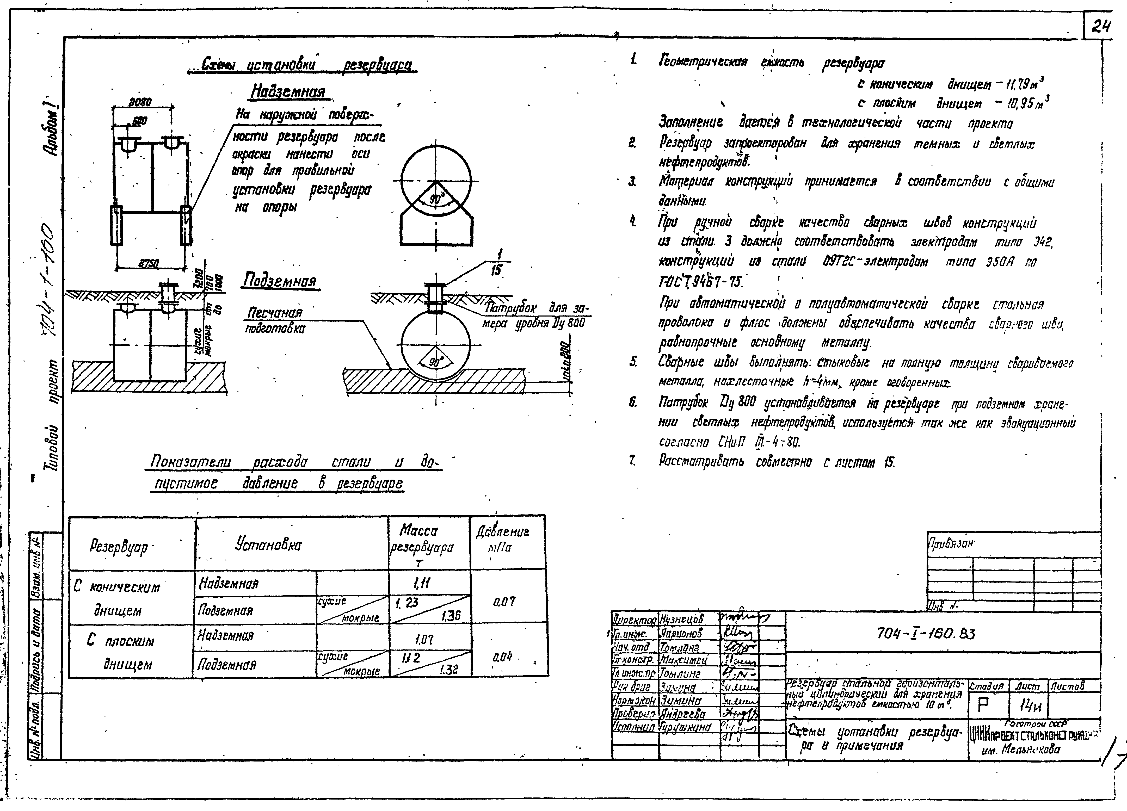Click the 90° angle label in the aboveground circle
point(436,199)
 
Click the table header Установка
point(268,545)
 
